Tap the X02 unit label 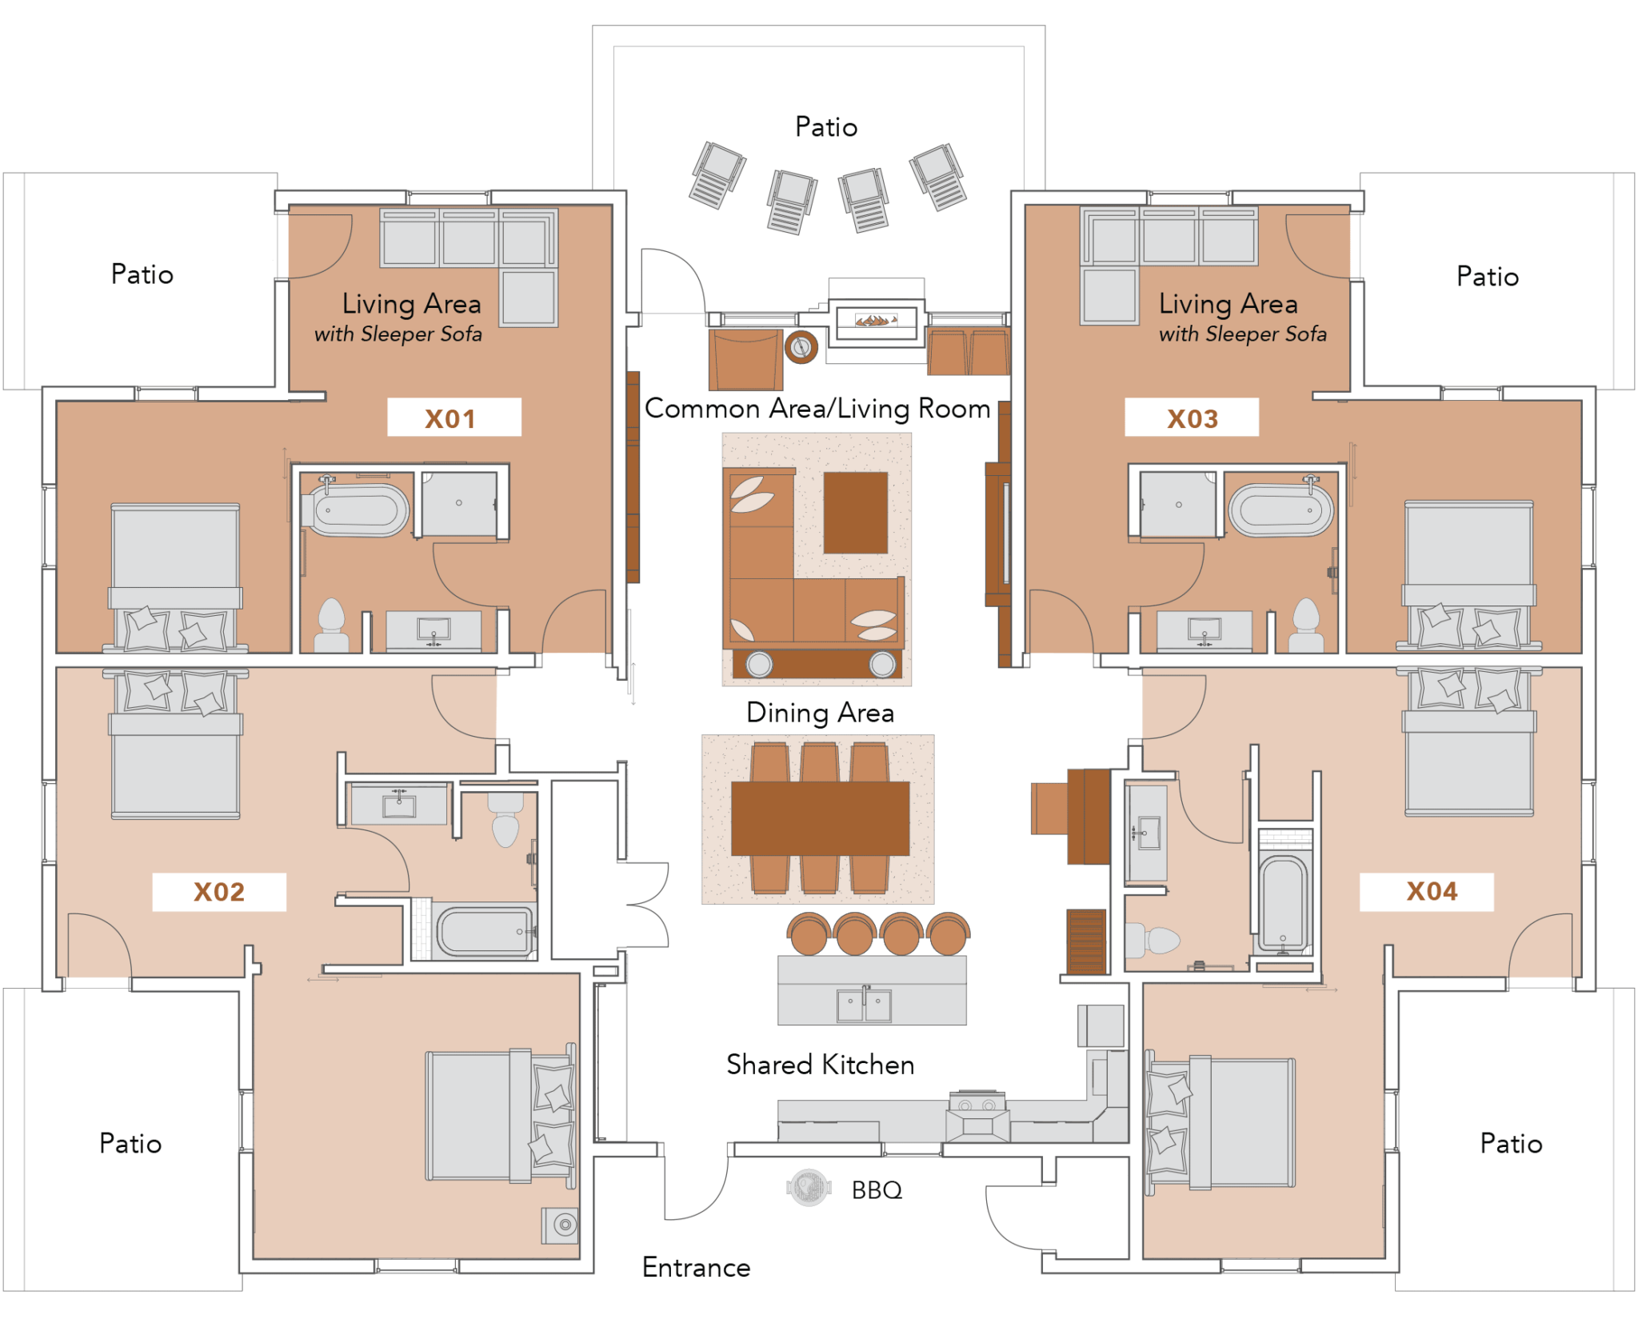219,891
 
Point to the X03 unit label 1192,418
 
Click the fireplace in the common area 877,321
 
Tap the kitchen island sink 864,1005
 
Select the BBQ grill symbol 809,1187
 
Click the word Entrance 696,1267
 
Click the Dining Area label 820,712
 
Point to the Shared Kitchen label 819,1064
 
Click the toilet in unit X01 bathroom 330,624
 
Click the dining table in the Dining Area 819,818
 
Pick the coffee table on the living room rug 855,512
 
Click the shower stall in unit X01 458,504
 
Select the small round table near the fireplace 801,346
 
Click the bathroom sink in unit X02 399,804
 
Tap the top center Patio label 826,127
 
